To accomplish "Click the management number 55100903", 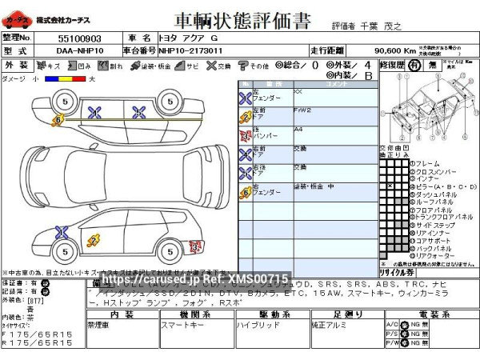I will pyautogui.click(x=79, y=38).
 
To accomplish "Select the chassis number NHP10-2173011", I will pyautogui.click(x=190, y=50).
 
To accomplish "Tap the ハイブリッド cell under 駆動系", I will pyautogui.click(x=254, y=326).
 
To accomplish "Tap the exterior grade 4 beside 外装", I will pyautogui.click(x=367, y=63).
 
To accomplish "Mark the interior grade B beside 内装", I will pyautogui.click(x=368, y=75).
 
